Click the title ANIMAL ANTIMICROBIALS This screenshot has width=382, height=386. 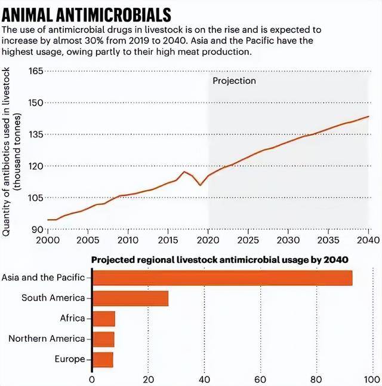point(87,14)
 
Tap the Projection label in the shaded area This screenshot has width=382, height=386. point(234,81)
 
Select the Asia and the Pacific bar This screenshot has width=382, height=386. point(221,278)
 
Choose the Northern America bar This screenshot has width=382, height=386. point(103,339)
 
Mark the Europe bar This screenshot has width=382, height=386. point(102,359)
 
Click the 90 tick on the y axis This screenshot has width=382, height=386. point(38,229)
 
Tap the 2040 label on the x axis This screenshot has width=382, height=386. point(368,240)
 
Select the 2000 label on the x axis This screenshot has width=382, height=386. point(47,240)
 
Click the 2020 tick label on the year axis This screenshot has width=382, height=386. point(208,240)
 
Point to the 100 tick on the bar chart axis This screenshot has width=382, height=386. point(372,379)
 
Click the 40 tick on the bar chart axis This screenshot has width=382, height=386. point(204,379)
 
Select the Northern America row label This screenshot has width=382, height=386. point(47,339)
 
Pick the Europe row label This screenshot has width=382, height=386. point(70,359)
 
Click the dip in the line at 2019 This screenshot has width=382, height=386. point(200,185)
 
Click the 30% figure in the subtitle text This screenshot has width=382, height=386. point(85,41)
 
